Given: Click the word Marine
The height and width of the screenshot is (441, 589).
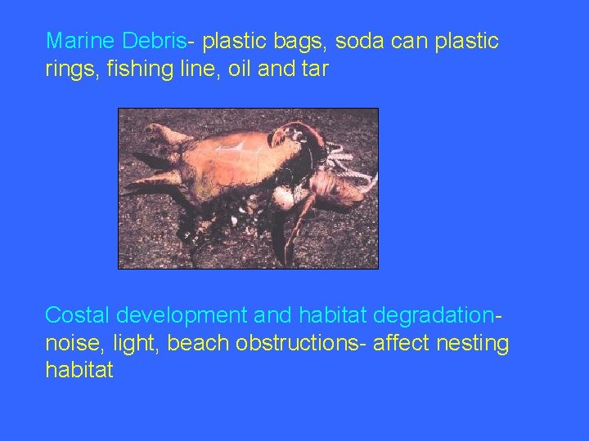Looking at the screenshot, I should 80,40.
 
